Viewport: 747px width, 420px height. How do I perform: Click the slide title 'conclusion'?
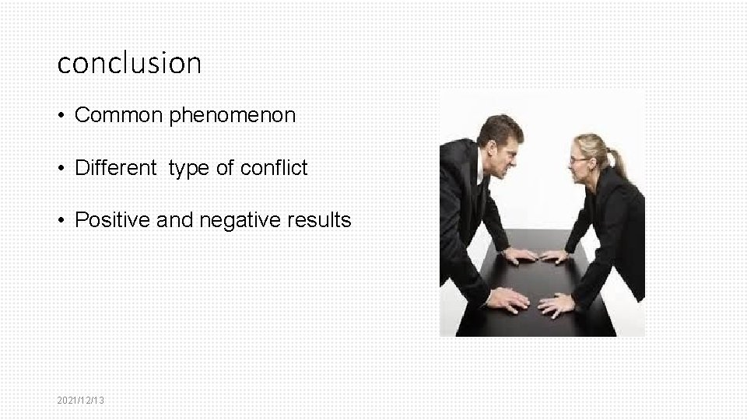point(129,62)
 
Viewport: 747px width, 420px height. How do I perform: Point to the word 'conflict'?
point(277,168)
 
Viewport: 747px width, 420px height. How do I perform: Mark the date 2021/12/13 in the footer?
point(81,400)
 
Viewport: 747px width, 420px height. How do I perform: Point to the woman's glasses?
point(579,159)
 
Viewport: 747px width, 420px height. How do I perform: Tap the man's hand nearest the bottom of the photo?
point(510,299)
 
